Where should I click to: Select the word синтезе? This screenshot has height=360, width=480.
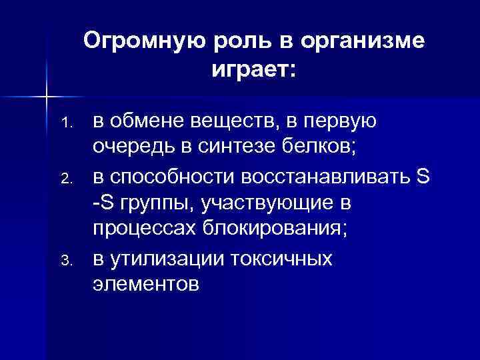pos(250,148)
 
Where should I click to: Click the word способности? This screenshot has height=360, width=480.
pos(170,176)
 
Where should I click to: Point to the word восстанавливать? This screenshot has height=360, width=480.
pos(326,176)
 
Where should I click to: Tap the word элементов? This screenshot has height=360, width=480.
pos(145,285)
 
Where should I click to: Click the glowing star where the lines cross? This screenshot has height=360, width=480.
pos(46,97)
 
